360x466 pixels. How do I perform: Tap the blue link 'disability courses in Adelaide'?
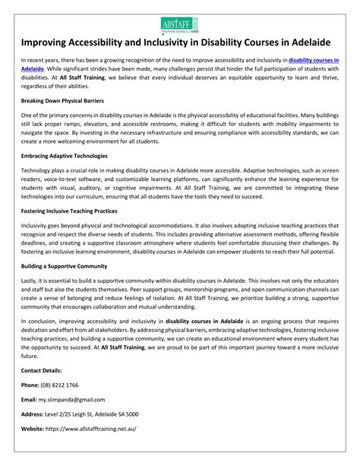[x=315, y=79]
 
